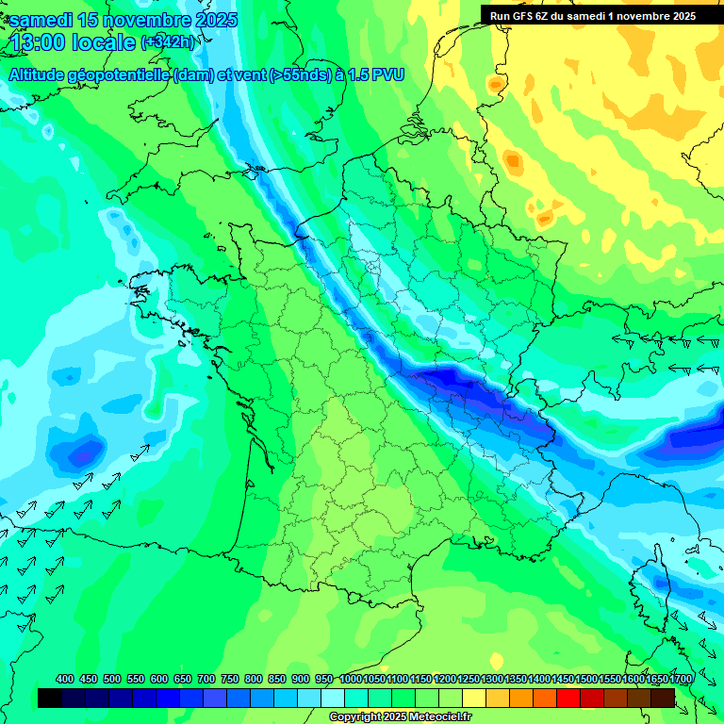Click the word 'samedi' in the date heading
tap(40, 20)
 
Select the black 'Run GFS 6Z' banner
tap(593, 15)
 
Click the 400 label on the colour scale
tap(65, 679)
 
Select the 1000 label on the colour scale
tap(350, 679)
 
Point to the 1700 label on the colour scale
tap(683, 679)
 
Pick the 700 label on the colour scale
tap(206, 679)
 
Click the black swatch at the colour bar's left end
tap(50, 698)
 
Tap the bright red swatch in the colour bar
tap(568, 698)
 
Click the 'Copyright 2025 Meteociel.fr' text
tap(402, 716)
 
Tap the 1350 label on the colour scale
tap(516, 679)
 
